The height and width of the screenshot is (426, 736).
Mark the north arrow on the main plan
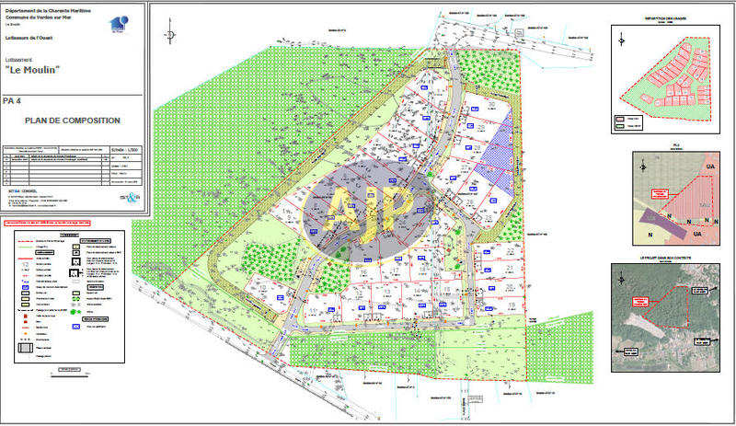170,34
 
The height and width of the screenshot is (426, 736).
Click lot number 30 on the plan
491,106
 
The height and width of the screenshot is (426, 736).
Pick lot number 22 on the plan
509,250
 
